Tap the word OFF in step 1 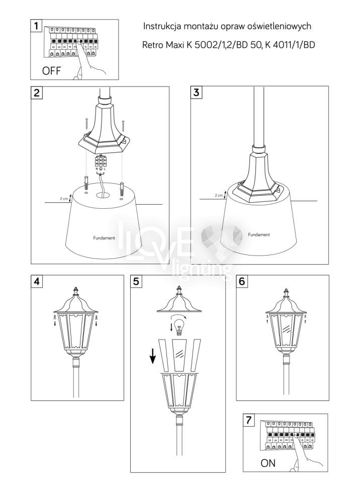[51, 70]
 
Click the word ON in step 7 [267, 463]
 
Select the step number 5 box [136, 281]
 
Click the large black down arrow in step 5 [152, 356]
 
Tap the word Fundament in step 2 [104, 238]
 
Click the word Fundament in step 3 [259, 234]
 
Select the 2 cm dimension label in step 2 [64, 199]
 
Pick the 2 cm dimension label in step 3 [219, 195]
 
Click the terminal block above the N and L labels [101, 161]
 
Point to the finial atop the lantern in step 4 [76, 291]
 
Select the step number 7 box [249, 420]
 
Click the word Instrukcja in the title [162, 26]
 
